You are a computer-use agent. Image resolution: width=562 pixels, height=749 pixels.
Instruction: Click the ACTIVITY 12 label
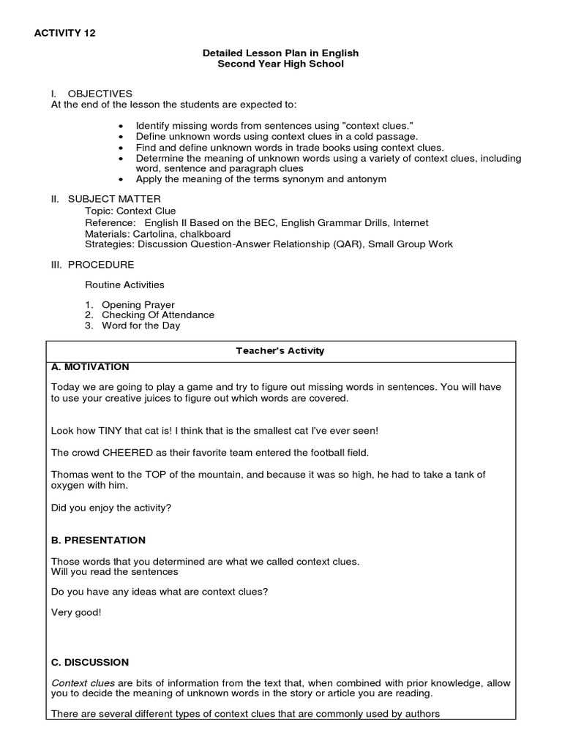click(64, 33)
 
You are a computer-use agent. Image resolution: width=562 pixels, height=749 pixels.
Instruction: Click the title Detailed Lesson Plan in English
click(280, 53)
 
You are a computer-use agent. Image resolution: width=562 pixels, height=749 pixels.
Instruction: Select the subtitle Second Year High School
click(280, 64)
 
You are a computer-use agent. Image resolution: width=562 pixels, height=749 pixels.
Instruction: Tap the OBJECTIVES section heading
click(100, 94)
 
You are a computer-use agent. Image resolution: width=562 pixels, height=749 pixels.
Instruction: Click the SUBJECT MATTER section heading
click(114, 199)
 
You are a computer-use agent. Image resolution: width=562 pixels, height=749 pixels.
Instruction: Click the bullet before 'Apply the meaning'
click(121, 179)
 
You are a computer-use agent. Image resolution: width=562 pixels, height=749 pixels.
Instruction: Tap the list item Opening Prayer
click(138, 304)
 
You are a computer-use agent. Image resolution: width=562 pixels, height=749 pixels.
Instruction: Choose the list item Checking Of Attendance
click(158, 315)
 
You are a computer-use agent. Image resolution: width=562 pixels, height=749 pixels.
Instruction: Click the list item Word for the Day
click(140, 325)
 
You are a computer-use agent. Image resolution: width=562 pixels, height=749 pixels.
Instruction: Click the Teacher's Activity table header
click(280, 351)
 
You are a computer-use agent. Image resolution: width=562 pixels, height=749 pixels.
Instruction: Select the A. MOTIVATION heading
click(91, 367)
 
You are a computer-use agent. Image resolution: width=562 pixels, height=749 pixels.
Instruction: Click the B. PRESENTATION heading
click(98, 541)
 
